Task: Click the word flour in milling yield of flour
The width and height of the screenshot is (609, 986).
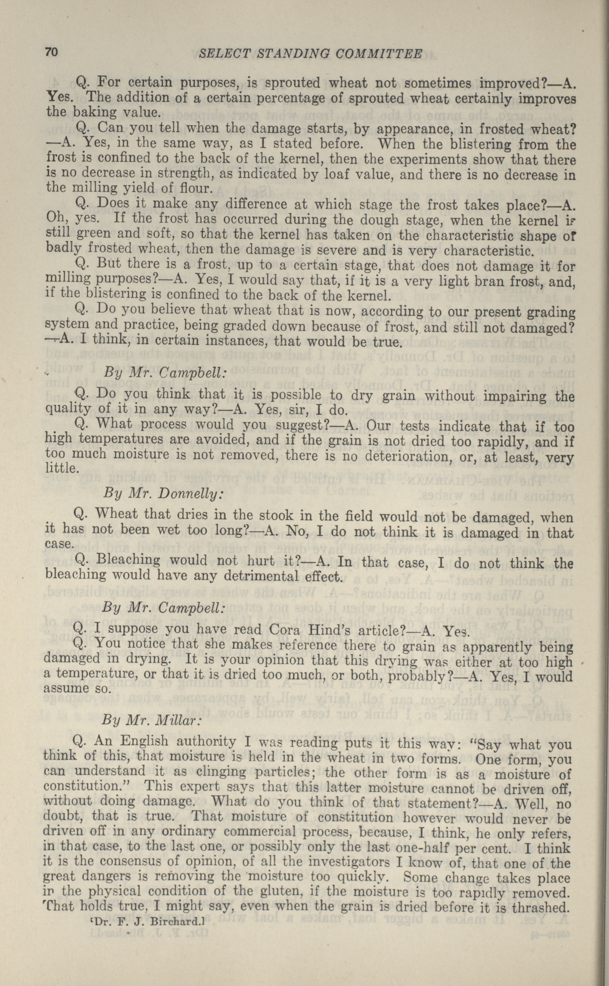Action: (196, 188)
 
